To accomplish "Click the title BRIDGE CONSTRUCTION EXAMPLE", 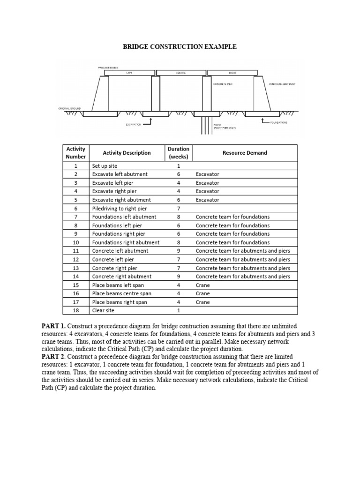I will pyautogui.click(x=180, y=47).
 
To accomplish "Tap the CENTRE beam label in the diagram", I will pyautogui.click(x=181, y=73).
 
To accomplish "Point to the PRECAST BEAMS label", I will pyautogui.click(x=108, y=67).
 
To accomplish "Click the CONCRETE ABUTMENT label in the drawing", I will pyautogui.click(x=282, y=84).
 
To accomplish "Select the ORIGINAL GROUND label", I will pyautogui.click(x=69, y=108).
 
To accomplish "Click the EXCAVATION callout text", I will pyautogui.click(x=134, y=124).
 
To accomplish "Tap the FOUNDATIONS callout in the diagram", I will pyautogui.click(x=279, y=122).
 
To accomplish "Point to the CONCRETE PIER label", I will pyautogui.click(x=223, y=84).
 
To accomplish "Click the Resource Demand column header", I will pyautogui.click(x=245, y=153).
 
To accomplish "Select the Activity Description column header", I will pyautogui.click(x=127, y=153).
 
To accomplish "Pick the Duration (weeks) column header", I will pyautogui.click(x=178, y=153).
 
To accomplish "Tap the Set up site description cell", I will pyautogui.click(x=105, y=166).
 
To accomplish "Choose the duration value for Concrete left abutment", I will pyautogui.click(x=178, y=251).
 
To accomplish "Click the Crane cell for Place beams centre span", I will pyautogui.click(x=203, y=294).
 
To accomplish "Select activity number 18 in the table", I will pyautogui.click(x=75, y=311).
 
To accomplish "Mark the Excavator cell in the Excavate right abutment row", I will pyautogui.click(x=208, y=200).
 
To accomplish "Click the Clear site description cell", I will pyautogui.click(x=104, y=311).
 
